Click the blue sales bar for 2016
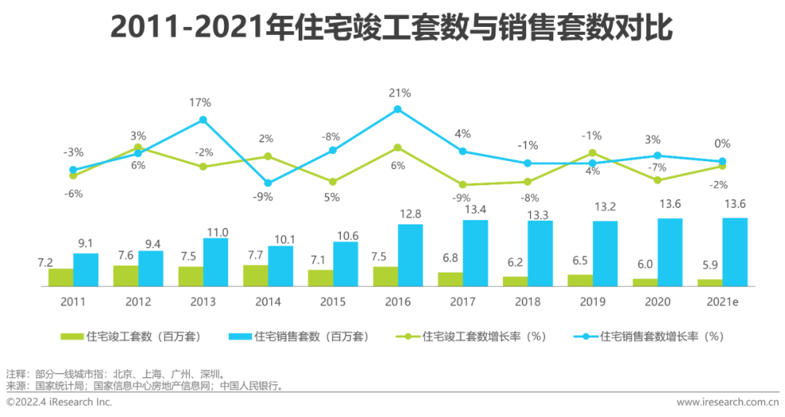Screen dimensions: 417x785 (411, 255)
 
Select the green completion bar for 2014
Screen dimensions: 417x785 (255, 275)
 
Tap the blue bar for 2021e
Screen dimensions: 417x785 (735, 252)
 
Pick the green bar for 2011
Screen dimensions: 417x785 (61, 277)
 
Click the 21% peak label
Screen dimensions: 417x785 (400, 93)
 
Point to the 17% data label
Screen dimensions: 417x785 (200, 102)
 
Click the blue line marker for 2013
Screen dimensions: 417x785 (204, 120)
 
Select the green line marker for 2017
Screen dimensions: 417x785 (462, 185)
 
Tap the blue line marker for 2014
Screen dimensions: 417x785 (267, 183)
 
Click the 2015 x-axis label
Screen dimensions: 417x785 (332, 301)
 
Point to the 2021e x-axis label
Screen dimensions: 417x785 (722, 301)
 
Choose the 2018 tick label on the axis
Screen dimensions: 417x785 (527, 301)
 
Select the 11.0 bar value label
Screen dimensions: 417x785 (217, 232)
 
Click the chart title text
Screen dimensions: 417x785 (392, 29)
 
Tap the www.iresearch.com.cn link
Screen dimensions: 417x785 (728, 402)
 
